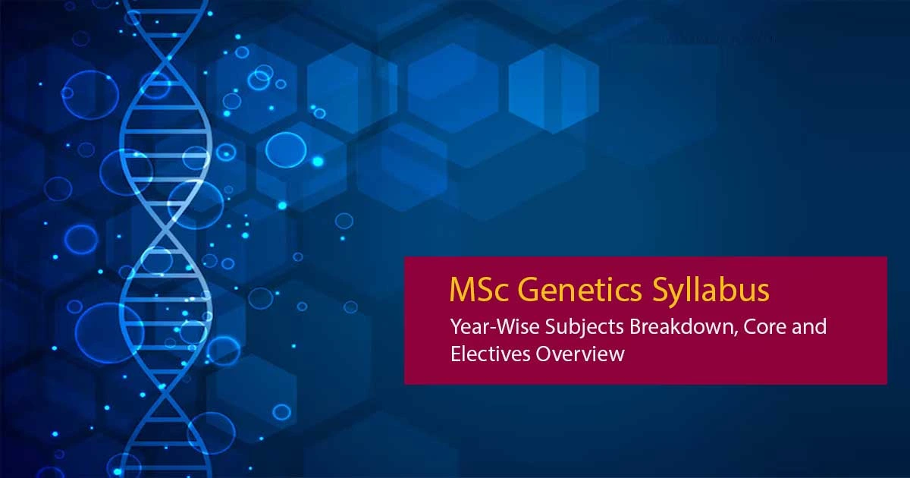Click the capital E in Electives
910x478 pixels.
click(456, 354)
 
